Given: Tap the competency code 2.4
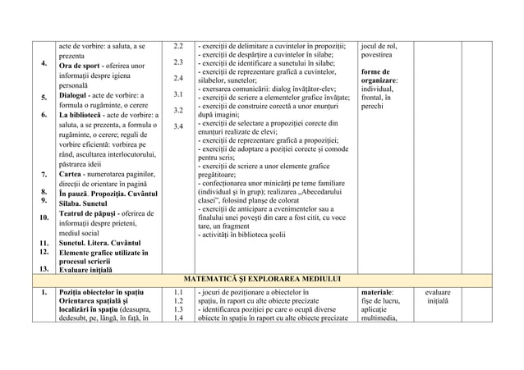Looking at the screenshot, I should [177, 79].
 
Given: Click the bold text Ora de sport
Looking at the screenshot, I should [83, 66].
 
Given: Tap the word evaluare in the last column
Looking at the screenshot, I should [444, 291].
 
